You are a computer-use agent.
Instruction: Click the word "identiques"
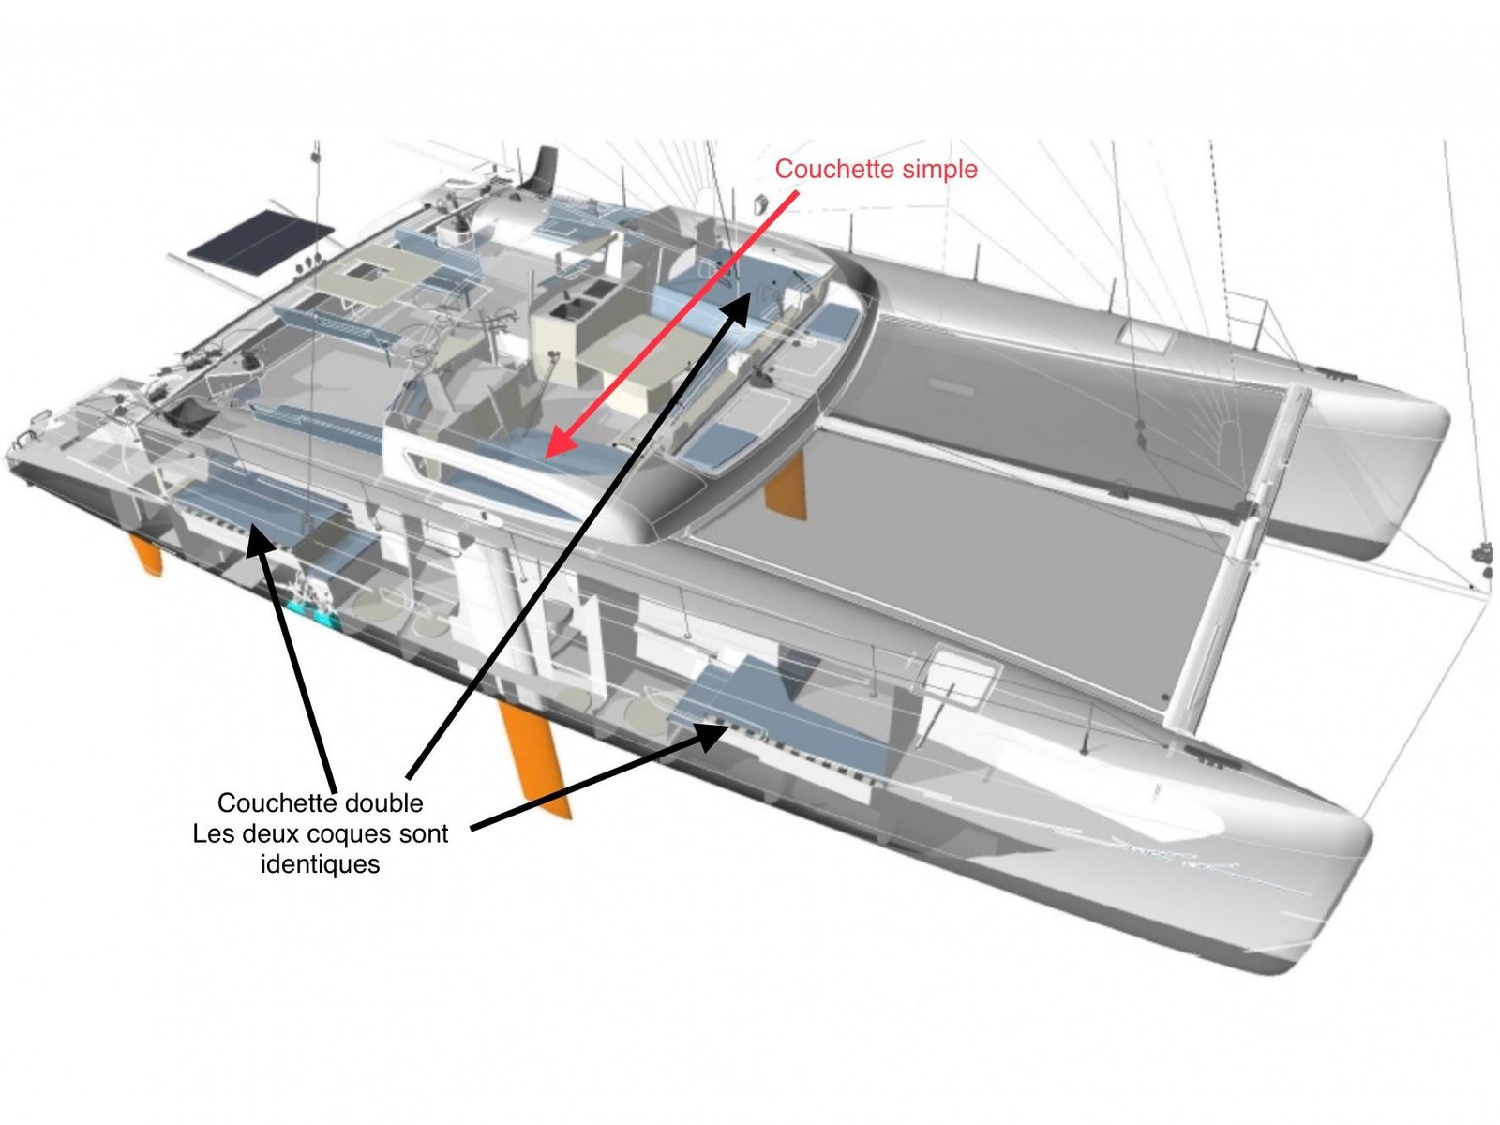point(320,864)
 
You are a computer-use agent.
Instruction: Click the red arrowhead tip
point(547,457)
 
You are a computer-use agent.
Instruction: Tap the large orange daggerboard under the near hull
point(533,758)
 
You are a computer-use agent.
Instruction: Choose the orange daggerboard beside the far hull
point(785,487)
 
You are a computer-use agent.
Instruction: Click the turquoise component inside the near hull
point(316,612)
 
